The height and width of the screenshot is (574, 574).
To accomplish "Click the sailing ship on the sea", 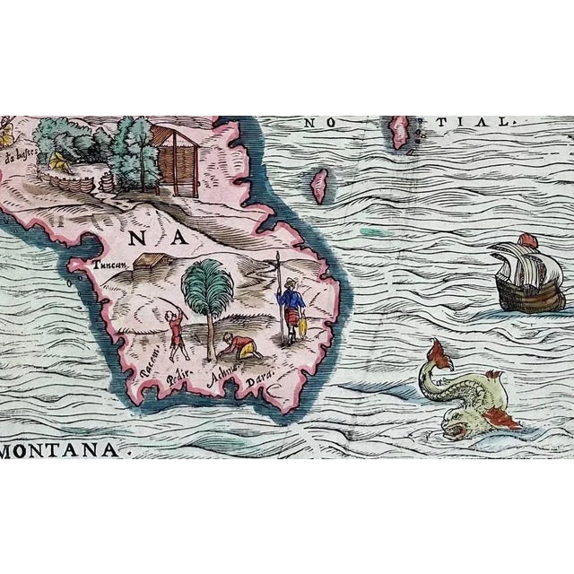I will [530, 276].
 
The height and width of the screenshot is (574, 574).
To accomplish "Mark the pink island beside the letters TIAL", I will [399, 135].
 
